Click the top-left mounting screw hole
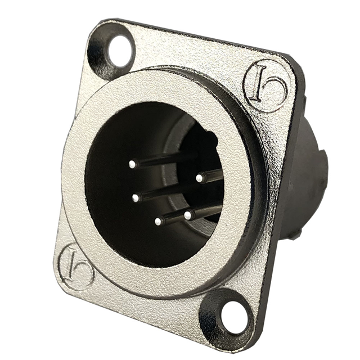coord(119,50)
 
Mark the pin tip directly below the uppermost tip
coord(136,197)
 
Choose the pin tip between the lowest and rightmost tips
coord(187,214)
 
